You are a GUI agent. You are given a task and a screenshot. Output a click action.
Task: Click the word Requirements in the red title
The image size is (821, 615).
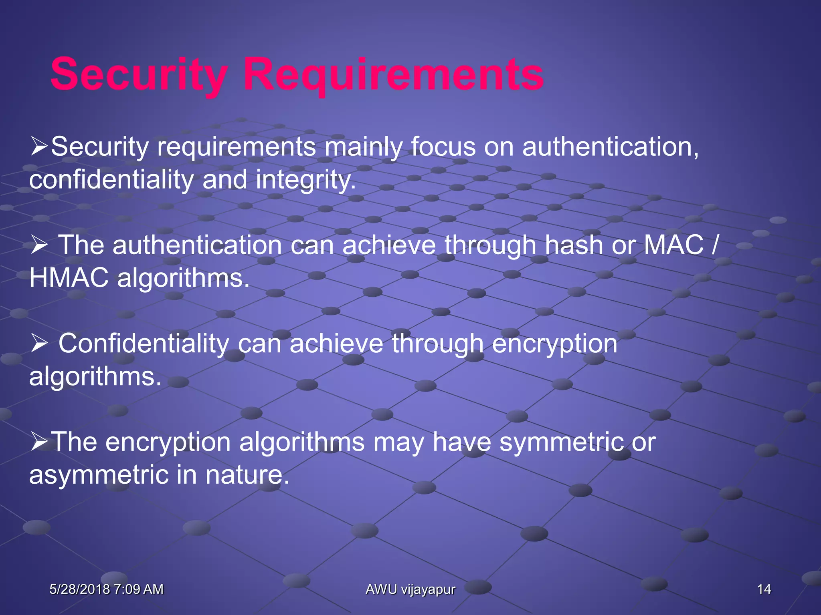[393, 75]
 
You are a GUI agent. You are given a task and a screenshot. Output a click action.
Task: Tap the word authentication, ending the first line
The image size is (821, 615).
[610, 147]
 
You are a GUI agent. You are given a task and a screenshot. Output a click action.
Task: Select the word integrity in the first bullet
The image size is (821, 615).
[305, 180]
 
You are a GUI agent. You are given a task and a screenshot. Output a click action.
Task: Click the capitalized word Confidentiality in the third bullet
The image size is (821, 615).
[144, 343]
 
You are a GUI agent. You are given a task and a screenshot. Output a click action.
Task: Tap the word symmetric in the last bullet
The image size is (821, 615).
[561, 442]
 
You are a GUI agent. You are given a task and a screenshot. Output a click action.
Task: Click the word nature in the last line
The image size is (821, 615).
[247, 475]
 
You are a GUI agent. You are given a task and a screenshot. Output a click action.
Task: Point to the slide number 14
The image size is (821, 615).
[764, 589]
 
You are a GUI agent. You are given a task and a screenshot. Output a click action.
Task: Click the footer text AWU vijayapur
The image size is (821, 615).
[410, 589]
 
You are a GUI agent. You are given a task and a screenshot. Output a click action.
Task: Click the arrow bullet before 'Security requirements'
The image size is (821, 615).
[39, 147]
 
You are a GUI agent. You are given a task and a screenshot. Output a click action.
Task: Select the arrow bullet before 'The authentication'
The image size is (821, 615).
[39, 245]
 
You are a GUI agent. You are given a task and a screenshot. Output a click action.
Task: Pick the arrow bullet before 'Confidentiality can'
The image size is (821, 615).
[39, 344]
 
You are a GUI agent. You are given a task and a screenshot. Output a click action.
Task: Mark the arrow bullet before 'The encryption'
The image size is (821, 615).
[39, 442]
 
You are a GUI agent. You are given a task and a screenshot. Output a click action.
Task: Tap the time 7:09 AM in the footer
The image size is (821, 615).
[138, 589]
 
